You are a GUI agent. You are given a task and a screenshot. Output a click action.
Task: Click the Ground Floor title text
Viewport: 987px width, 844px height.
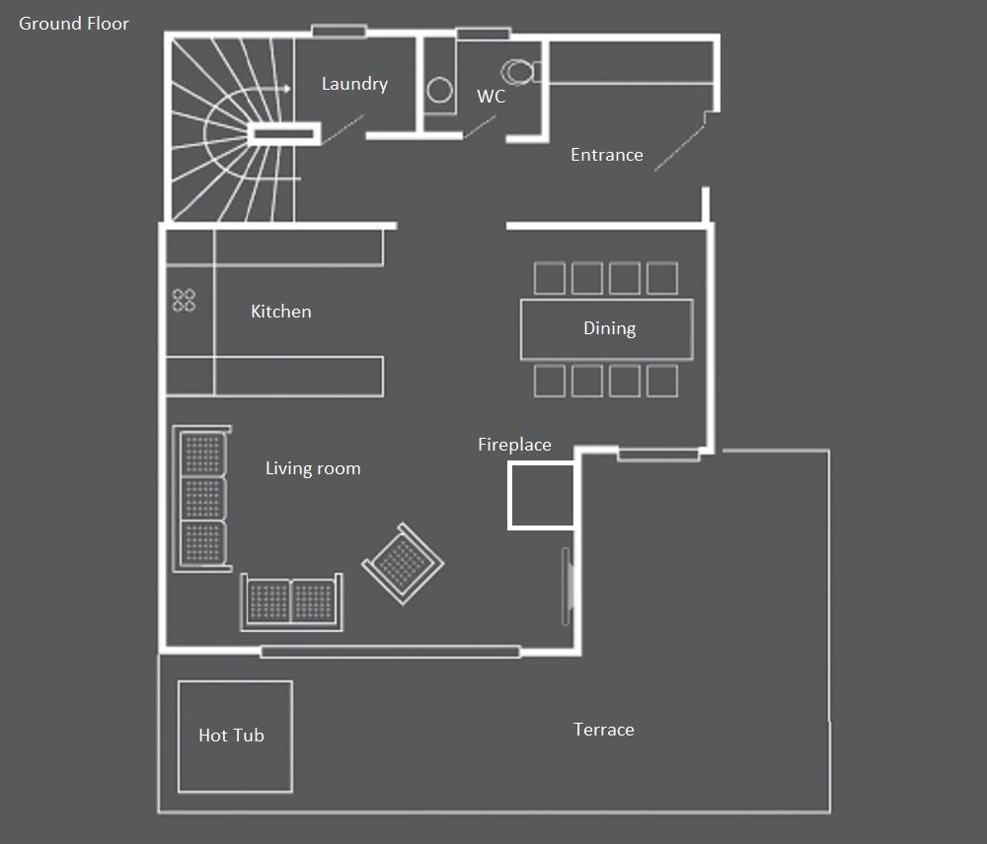[74, 24]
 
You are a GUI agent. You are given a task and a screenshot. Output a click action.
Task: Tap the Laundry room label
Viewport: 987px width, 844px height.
[354, 84]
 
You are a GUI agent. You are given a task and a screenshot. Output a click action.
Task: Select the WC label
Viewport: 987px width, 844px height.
[491, 97]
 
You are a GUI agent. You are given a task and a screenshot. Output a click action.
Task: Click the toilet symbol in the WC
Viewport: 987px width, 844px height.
[520, 72]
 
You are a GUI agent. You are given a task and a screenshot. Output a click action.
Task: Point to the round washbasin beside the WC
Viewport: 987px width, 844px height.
[439, 90]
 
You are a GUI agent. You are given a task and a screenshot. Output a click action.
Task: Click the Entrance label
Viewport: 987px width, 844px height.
[607, 155]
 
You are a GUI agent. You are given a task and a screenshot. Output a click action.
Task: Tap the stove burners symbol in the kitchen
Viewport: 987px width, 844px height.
[184, 300]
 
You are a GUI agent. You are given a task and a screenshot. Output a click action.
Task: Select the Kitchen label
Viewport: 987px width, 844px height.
[280, 312]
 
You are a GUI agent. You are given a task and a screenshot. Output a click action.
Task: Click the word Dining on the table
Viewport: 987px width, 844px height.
[609, 328]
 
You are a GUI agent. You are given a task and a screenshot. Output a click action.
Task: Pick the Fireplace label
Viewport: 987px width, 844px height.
[514, 445]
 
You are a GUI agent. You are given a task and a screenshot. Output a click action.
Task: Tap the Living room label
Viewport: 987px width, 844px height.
[313, 468]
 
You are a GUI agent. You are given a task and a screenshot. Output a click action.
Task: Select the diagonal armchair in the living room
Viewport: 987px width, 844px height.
[403, 564]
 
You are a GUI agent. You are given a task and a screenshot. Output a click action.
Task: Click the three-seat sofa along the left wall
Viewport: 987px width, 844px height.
[201, 499]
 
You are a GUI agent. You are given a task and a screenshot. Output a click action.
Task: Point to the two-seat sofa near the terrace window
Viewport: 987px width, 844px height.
[292, 601]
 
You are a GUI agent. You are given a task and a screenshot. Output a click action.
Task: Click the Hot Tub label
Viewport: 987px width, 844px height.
[231, 736]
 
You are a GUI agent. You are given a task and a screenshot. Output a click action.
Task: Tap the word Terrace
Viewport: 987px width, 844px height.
[604, 730]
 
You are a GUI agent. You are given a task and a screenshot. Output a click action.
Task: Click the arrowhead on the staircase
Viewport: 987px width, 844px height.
[287, 89]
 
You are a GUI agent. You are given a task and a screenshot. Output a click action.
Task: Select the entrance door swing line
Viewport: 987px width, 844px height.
[679, 149]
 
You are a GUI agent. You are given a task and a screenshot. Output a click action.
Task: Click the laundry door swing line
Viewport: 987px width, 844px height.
[342, 129]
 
